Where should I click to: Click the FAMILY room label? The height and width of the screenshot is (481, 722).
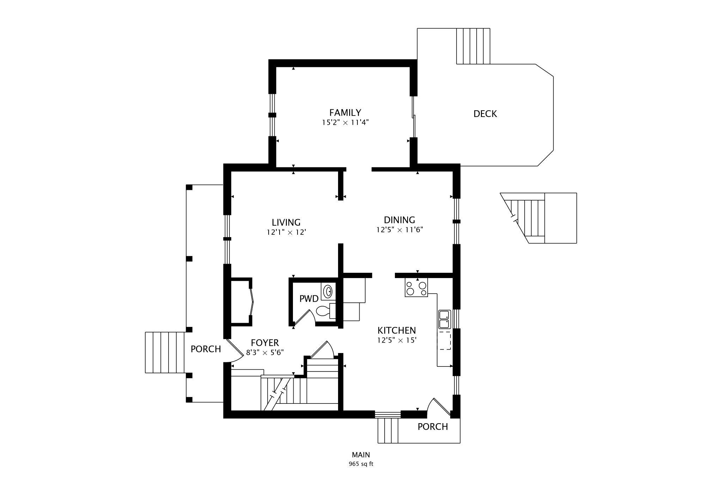345,113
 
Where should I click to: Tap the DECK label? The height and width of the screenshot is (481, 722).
485,114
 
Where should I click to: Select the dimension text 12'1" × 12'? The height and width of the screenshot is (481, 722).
286,233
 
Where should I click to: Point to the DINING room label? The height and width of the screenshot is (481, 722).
399,220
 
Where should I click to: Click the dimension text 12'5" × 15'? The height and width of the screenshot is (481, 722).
397,340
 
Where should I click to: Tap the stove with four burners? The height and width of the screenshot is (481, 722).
416,288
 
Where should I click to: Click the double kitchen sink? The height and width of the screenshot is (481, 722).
444,319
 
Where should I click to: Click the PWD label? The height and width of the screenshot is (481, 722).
309,299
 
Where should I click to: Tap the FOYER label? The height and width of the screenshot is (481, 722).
265,343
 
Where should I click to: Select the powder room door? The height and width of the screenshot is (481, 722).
304,317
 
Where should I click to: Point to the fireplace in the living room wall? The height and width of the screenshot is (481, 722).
241,302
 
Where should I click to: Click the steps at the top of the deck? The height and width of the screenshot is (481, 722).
473,46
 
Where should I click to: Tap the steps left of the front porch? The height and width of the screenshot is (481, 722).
165,352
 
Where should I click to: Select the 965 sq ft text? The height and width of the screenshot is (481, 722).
361,464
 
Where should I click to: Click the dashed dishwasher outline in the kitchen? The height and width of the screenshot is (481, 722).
445,340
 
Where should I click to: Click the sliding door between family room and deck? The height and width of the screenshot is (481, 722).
414,117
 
